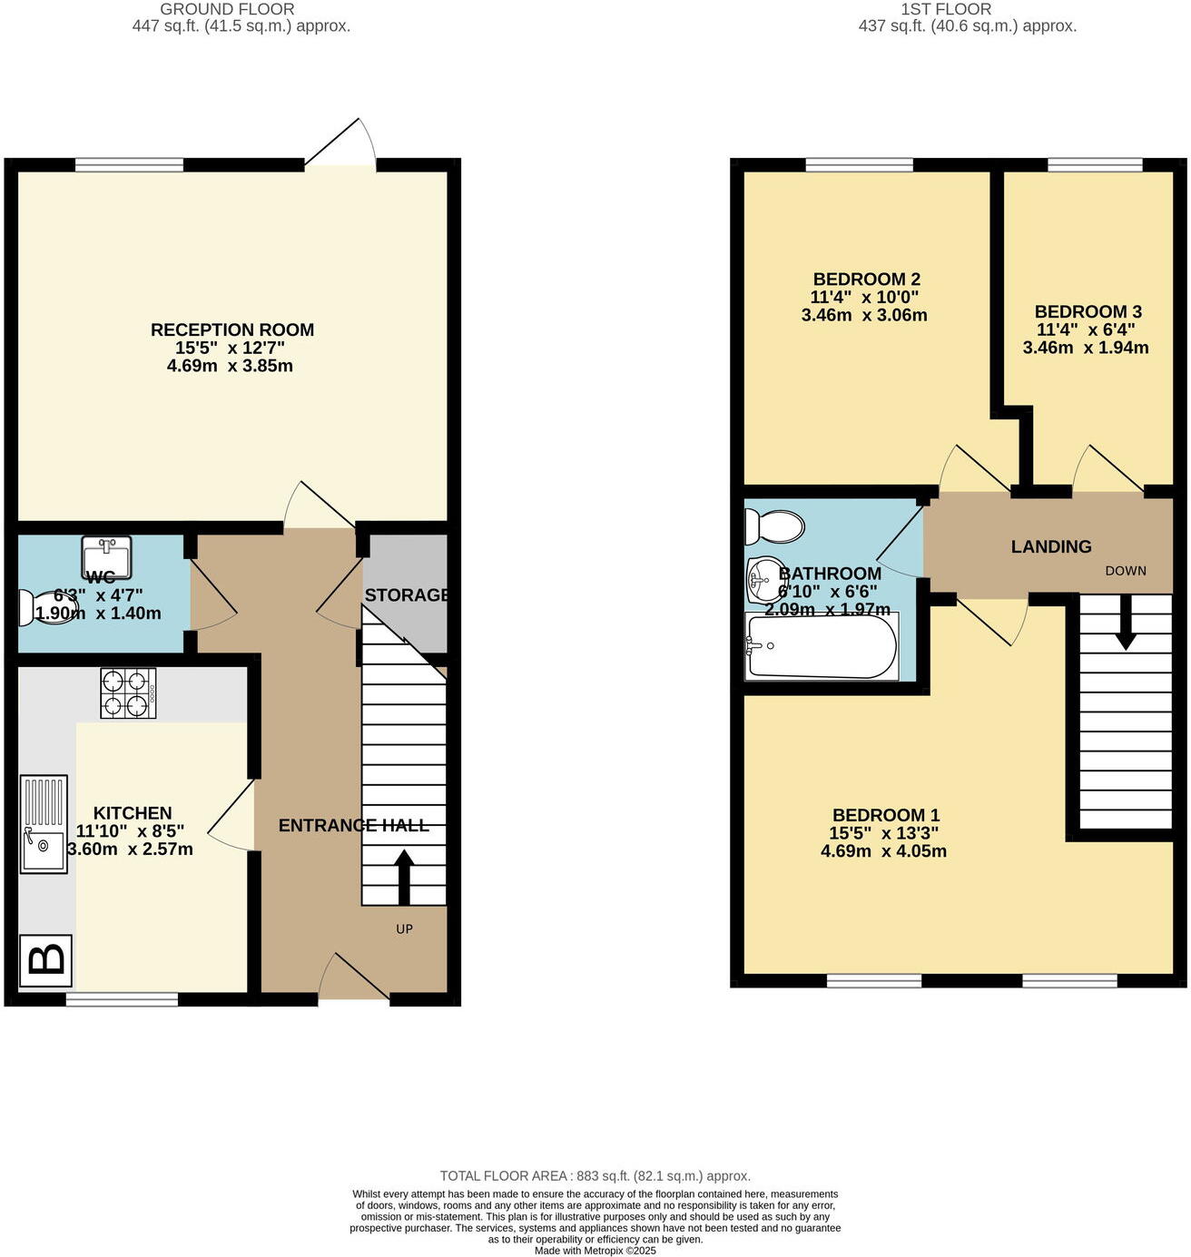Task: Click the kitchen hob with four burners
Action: pos(128,693)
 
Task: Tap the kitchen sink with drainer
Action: pos(44,824)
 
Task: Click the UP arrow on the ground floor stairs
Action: pos(404,877)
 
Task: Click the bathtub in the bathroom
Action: pos(821,646)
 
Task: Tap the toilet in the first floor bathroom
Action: pos(773,525)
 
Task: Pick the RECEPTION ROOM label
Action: pos(232,329)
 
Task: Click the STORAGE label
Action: pos(407,595)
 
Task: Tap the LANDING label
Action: pos(1051,546)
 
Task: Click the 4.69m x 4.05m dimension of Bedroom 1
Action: pos(883,851)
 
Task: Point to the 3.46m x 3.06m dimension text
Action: pos(864,316)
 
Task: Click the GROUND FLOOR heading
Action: pos(227,9)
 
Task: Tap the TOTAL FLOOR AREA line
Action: pos(595,1176)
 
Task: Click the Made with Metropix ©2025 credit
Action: pos(595,1251)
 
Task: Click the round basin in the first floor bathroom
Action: pos(764,579)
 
